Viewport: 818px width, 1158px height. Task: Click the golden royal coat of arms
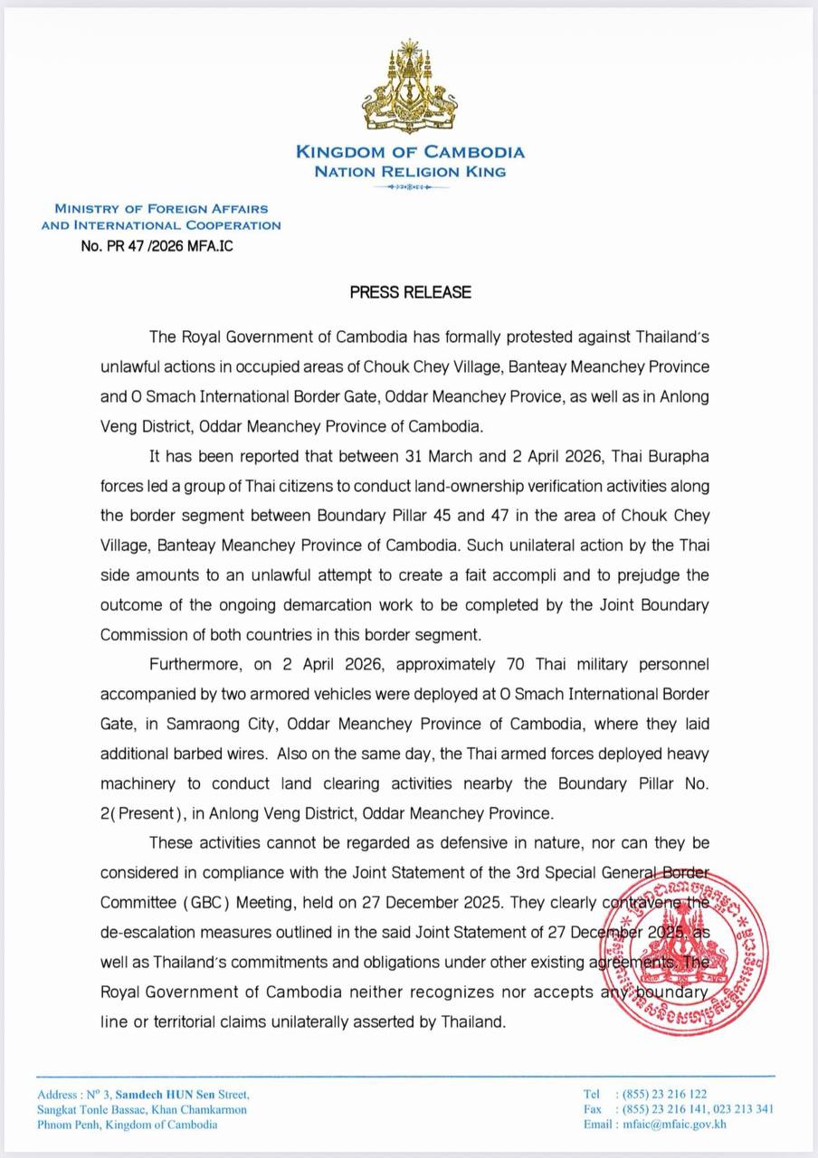click(409, 89)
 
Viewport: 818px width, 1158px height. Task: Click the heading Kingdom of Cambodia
click(410, 152)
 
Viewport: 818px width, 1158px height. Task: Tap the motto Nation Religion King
click(410, 171)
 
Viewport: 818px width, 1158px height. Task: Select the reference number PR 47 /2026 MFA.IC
click(157, 245)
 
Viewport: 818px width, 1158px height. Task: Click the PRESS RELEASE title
click(411, 292)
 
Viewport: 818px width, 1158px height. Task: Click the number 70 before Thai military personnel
click(509, 664)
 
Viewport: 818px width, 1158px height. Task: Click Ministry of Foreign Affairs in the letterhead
click(161, 209)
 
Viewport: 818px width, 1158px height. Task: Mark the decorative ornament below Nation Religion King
click(410, 187)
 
